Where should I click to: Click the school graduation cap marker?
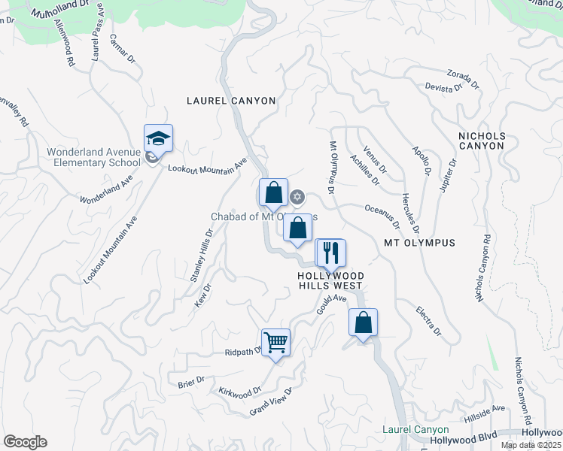tap(158, 139)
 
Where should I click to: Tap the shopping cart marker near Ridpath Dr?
tap(275, 343)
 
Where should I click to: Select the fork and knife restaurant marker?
tap(330, 253)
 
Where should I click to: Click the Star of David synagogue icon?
tap(297, 197)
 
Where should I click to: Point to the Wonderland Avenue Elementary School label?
tap(93, 157)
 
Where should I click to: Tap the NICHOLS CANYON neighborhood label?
tap(482, 141)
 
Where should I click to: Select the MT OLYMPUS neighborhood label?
tap(419, 243)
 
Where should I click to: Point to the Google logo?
tap(25, 442)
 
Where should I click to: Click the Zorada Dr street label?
tap(462, 79)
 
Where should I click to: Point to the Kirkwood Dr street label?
tap(239, 391)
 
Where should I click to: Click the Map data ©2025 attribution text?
tap(531, 445)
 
